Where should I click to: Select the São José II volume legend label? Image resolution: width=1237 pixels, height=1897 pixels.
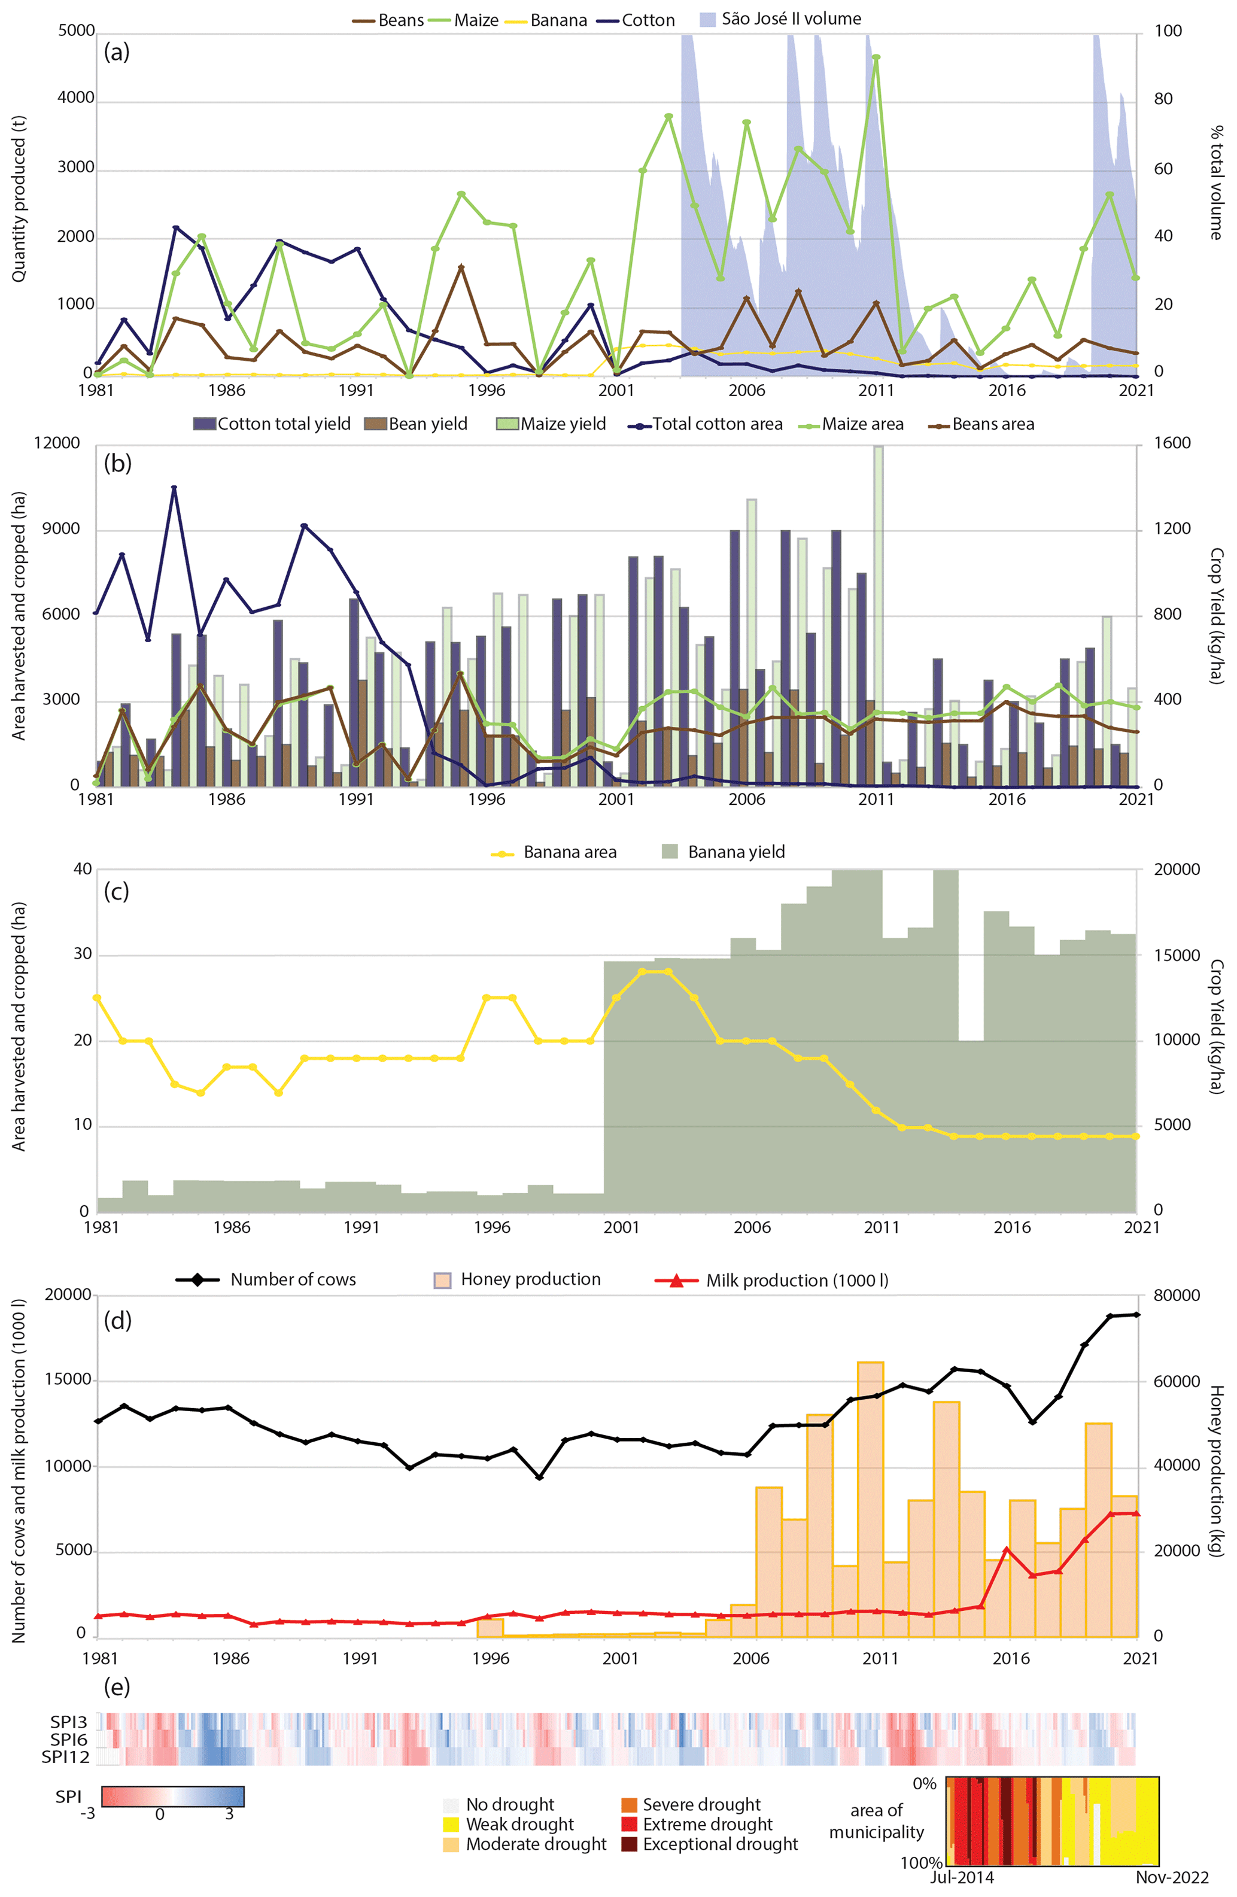click(x=791, y=19)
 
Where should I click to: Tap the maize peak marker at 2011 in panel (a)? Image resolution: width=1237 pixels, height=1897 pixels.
click(x=876, y=57)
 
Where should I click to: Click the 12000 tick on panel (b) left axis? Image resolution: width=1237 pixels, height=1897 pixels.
click(x=57, y=443)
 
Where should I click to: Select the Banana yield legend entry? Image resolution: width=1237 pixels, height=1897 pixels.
click(x=735, y=852)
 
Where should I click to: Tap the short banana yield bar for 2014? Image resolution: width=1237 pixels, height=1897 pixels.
click(x=970, y=1124)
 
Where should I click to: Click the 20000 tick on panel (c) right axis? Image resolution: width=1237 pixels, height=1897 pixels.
click(x=1177, y=870)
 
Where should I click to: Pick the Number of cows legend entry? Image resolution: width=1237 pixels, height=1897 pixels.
click(x=293, y=1279)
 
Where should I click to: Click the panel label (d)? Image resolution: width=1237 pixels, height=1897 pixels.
click(x=118, y=1321)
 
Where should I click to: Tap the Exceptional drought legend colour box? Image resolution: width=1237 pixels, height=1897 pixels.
click(x=629, y=1844)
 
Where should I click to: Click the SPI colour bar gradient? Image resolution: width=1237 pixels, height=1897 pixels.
click(x=173, y=1796)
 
